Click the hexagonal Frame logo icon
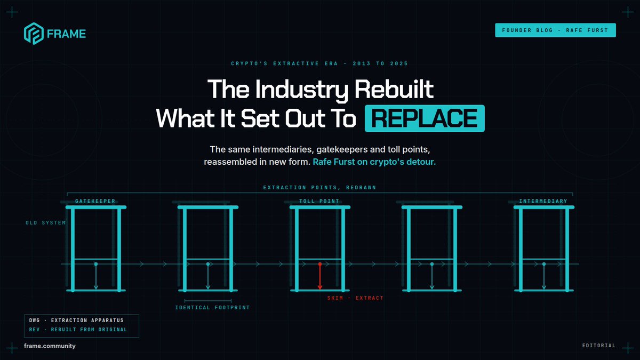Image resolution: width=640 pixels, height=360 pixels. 34,34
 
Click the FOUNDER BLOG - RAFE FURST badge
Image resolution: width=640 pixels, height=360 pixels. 555,30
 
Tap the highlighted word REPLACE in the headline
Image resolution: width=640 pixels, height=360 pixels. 425,118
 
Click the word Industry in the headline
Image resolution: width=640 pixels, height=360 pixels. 301,90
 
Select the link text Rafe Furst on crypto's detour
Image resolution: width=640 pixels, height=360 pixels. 374,162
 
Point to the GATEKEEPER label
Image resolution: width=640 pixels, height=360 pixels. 95,201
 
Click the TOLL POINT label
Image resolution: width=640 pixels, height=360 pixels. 319,201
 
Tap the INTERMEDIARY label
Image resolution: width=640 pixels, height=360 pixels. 543,201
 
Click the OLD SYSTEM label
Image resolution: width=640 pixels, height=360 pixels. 46,222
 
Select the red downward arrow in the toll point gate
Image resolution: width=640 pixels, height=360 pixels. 320,276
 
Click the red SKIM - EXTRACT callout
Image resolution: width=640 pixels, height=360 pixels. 355,298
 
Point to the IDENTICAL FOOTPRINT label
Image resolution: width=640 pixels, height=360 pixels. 212,307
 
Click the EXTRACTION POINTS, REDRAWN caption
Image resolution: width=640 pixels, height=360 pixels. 319,187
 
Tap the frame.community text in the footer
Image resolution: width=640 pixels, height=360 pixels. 50,346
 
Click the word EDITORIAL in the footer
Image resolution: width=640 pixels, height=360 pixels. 599,346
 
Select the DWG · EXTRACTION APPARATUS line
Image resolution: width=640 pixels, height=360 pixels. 76,321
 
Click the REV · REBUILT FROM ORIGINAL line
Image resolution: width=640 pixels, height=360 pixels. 78,330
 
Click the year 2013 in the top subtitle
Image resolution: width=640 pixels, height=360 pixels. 362,63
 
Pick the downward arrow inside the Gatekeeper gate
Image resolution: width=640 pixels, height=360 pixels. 96,276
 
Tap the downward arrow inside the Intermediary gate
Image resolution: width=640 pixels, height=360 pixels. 544,276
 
